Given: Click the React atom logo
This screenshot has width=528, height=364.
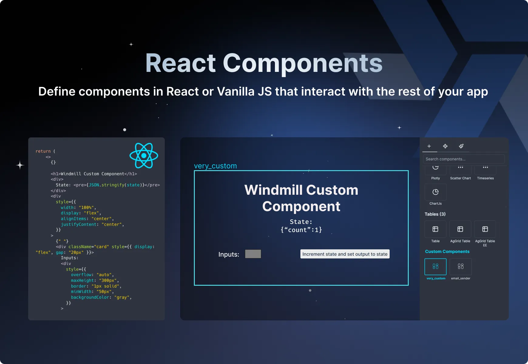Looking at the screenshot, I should coord(144,156).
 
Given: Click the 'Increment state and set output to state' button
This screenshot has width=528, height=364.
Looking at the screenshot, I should coord(345,254).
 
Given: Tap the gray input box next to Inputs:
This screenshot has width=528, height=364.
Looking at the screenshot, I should coord(253,254).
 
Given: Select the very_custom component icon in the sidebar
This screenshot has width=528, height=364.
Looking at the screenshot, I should coord(435,266).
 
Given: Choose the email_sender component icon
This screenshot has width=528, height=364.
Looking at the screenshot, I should coord(460,266).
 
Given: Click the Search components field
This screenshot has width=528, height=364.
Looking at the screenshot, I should coord(463,159).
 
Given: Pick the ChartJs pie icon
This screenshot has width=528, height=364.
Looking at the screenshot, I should coord(435,192).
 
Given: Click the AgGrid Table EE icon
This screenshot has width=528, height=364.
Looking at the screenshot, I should coord(485,229).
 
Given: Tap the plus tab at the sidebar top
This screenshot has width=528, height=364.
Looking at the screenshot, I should coord(429,146).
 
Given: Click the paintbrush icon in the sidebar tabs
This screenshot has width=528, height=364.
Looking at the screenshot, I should coord(461,146).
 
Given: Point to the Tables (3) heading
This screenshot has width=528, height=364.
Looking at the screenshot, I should coord(435,214).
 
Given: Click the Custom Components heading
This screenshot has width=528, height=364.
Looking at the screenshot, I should coord(447,251).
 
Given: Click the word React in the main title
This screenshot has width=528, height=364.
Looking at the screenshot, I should coord(180,63).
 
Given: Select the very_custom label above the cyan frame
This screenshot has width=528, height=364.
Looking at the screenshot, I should coord(215,166).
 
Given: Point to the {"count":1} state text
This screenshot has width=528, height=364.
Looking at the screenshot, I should coord(301,230).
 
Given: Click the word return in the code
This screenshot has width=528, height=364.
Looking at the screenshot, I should coord(43,151).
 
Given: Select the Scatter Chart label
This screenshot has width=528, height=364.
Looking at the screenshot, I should coord(460,178).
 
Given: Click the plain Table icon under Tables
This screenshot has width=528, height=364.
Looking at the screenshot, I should coord(435,229).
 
